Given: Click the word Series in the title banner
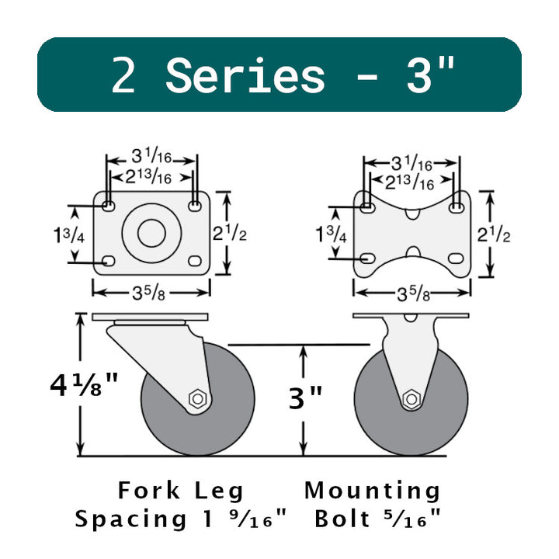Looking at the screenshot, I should pos(245,75).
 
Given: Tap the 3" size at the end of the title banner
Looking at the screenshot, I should pos(431,75).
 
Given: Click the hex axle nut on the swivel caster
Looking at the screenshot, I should pos(198,400).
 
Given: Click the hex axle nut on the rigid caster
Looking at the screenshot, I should pos(411,399).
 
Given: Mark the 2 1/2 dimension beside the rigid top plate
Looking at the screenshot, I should pos(496,233).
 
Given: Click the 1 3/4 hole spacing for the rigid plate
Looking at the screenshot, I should pos(331,234).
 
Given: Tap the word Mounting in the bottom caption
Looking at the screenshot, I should pos(372,491).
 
